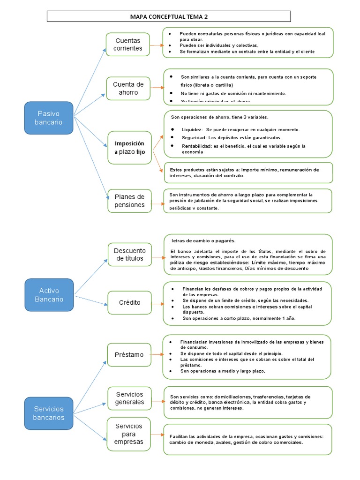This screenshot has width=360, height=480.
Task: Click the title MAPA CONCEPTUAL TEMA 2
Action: point(169,17)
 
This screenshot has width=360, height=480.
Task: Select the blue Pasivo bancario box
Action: point(49,117)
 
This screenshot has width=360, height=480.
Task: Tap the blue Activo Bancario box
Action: point(49,294)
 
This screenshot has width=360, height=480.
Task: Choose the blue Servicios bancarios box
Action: point(49,413)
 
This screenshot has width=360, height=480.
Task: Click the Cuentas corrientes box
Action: point(127,45)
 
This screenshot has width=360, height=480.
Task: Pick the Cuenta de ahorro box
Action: point(127,89)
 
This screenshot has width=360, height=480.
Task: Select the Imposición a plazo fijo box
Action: point(129,147)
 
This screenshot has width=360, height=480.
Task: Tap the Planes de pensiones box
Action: point(129,200)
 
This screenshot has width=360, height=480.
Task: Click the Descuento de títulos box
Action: point(129,254)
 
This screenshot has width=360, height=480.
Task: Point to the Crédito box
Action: point(129,302)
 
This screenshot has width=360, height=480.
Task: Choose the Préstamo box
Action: point(129,355)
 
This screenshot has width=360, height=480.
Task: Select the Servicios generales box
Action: point(129,397)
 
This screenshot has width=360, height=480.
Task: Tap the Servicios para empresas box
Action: point(129,434)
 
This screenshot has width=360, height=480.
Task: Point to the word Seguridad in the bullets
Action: point(193,138)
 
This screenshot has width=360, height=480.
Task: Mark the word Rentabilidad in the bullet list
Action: point(196,146)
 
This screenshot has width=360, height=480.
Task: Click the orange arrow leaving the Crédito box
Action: point(157,303)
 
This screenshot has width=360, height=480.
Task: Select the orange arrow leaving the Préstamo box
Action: point(157,355)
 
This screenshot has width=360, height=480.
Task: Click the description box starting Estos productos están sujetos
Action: point(248,172)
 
